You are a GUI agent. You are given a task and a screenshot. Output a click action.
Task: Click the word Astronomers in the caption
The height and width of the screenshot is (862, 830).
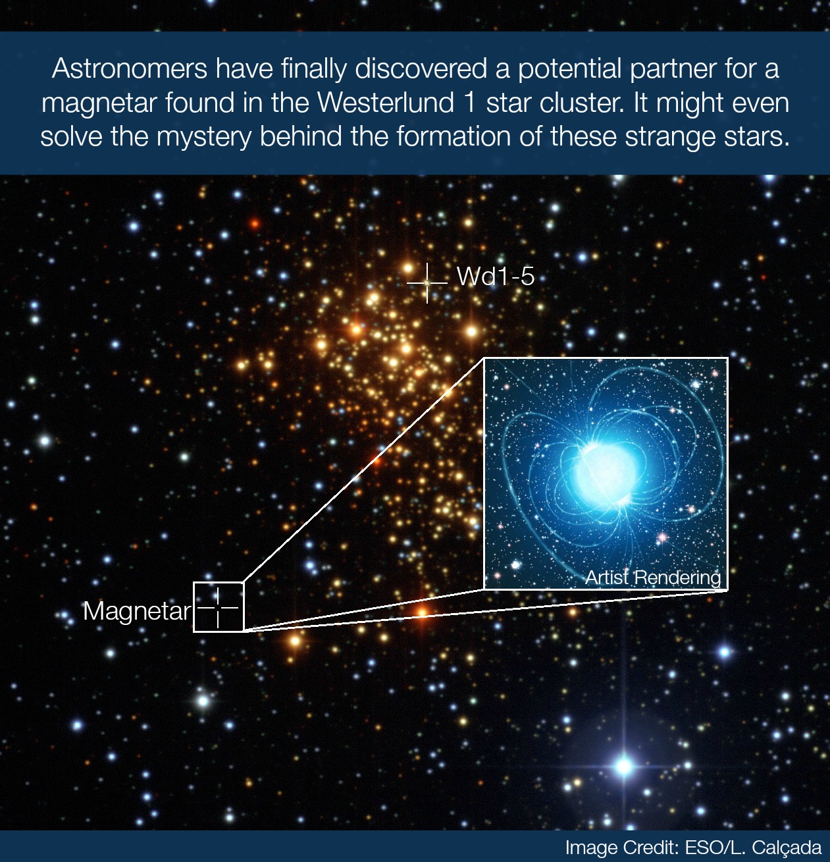point(129,68)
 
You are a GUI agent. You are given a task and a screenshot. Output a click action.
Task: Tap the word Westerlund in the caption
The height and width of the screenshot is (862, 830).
point(386,103)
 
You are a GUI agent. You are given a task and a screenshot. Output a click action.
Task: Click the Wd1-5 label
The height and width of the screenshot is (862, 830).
point(496,277)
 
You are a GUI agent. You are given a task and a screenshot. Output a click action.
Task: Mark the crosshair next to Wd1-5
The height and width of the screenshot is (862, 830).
point(427,283)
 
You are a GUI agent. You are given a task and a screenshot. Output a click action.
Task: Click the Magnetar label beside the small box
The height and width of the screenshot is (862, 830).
point(136,612)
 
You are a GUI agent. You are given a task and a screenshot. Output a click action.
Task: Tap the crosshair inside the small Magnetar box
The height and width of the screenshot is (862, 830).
point(218,608)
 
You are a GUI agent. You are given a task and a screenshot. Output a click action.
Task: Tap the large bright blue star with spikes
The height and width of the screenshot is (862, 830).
point(624,765)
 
